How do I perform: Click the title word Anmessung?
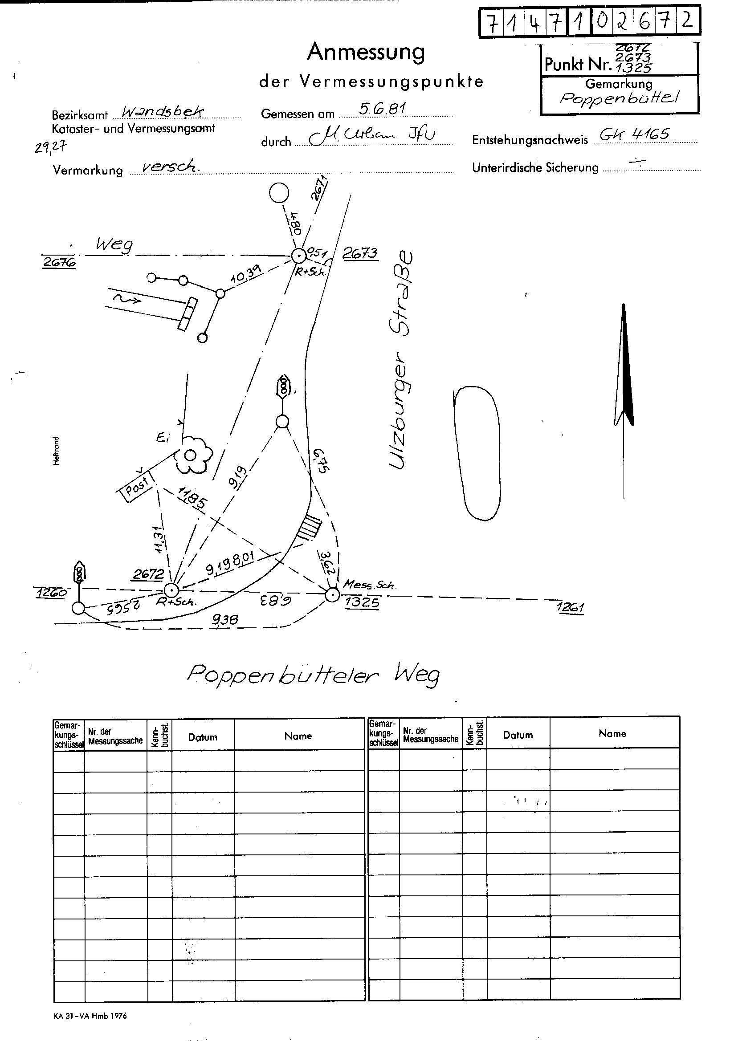point(366,52)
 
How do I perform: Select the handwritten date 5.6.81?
point(382,109)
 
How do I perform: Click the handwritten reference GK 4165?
point(634,134)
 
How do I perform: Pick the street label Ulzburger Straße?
point(400,361)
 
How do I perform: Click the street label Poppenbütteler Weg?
point(313,675)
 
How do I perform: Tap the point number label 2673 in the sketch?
point(359,253)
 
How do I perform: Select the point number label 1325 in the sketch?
point(362,602)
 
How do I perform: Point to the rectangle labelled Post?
point(137,487)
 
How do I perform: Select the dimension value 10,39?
point(245,273)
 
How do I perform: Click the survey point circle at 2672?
point(171,590)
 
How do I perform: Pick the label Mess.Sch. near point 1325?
point(369,585)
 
